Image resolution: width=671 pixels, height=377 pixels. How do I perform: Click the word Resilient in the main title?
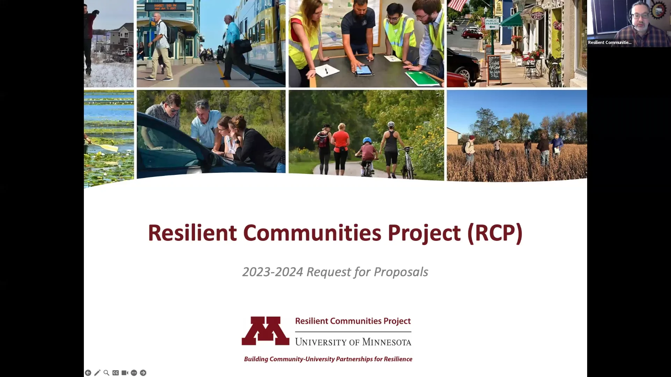coord(192,233)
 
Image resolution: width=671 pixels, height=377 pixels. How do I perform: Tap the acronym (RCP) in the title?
coord(495,233)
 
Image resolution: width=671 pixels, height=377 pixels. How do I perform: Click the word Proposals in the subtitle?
coord(401,272)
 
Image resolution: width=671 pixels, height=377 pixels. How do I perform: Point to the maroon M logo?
coord(266,331)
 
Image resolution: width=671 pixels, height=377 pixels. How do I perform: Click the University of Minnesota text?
coord(353,342)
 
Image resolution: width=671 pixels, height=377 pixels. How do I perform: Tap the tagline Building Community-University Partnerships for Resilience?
coord(328,359)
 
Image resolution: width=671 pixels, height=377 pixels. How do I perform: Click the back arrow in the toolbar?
coord(88,373)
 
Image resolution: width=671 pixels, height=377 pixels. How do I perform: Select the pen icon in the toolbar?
coord(97,373)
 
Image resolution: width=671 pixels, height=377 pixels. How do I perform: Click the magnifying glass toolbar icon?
coord(106,373)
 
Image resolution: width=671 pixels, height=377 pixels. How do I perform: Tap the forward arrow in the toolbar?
coord(143,373)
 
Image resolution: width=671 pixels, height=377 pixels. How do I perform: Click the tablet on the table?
coord(363,71)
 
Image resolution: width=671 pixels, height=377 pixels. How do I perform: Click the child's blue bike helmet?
coord(367,140)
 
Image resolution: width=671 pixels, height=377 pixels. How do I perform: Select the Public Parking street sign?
coord(492,23)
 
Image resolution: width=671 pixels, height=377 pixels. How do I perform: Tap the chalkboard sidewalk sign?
coord(494,69)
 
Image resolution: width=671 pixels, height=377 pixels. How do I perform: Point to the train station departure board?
coord(165,7)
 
